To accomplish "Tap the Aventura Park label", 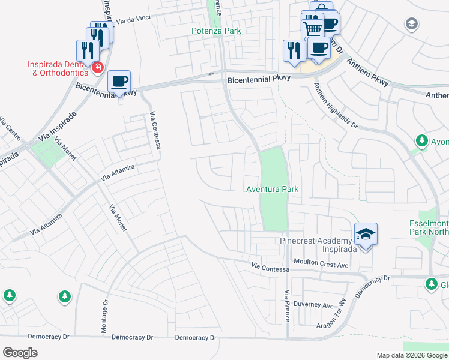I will coord(273,189).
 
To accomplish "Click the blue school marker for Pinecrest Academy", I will coord(366,234).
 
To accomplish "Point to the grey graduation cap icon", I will coord(412,24).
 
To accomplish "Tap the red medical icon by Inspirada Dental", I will coord(97,68).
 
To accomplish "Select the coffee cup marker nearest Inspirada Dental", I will coord(119,82).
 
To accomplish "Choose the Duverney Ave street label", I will coord(316,305).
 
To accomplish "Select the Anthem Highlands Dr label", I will coord(336,106).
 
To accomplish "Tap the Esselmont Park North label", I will coord(428,227).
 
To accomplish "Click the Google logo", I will coord(20,353).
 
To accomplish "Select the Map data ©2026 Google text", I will coord(412,355).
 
